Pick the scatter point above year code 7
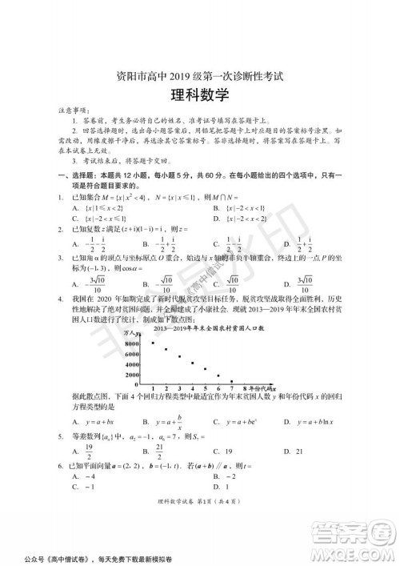[x=232, y=382]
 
